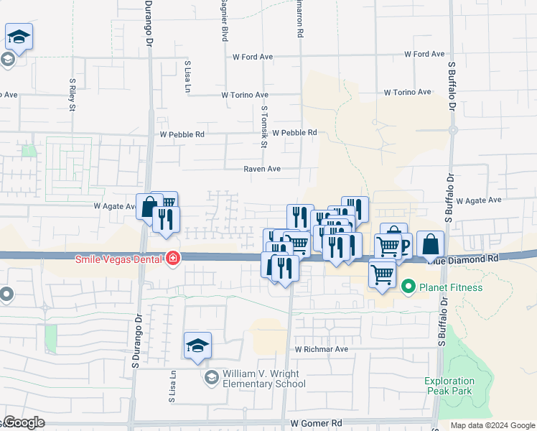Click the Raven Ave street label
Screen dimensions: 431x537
[x=261, y=169]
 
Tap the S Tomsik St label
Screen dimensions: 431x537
[x=264, y=128]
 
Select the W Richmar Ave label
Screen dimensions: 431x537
[x=321, y=349]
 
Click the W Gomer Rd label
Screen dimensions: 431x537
[x=316, y=424]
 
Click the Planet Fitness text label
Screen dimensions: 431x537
[x=452, y=287]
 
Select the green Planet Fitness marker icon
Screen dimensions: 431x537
[x=408, y=287]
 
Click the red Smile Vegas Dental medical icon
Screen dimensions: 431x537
[x=172, y=258]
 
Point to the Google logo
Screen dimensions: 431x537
[x=23, y=422]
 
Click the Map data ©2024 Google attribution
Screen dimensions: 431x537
[x=493, y=425]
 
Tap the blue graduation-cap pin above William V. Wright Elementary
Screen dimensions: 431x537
[x=197, y=346]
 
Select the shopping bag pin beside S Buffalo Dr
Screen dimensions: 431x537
[x=430, y=245]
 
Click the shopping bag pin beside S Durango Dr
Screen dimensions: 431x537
[x=149, y=208]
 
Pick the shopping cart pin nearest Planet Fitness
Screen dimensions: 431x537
[x=382, y=274]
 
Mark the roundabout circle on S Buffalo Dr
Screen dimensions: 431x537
[x=452, y=130]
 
